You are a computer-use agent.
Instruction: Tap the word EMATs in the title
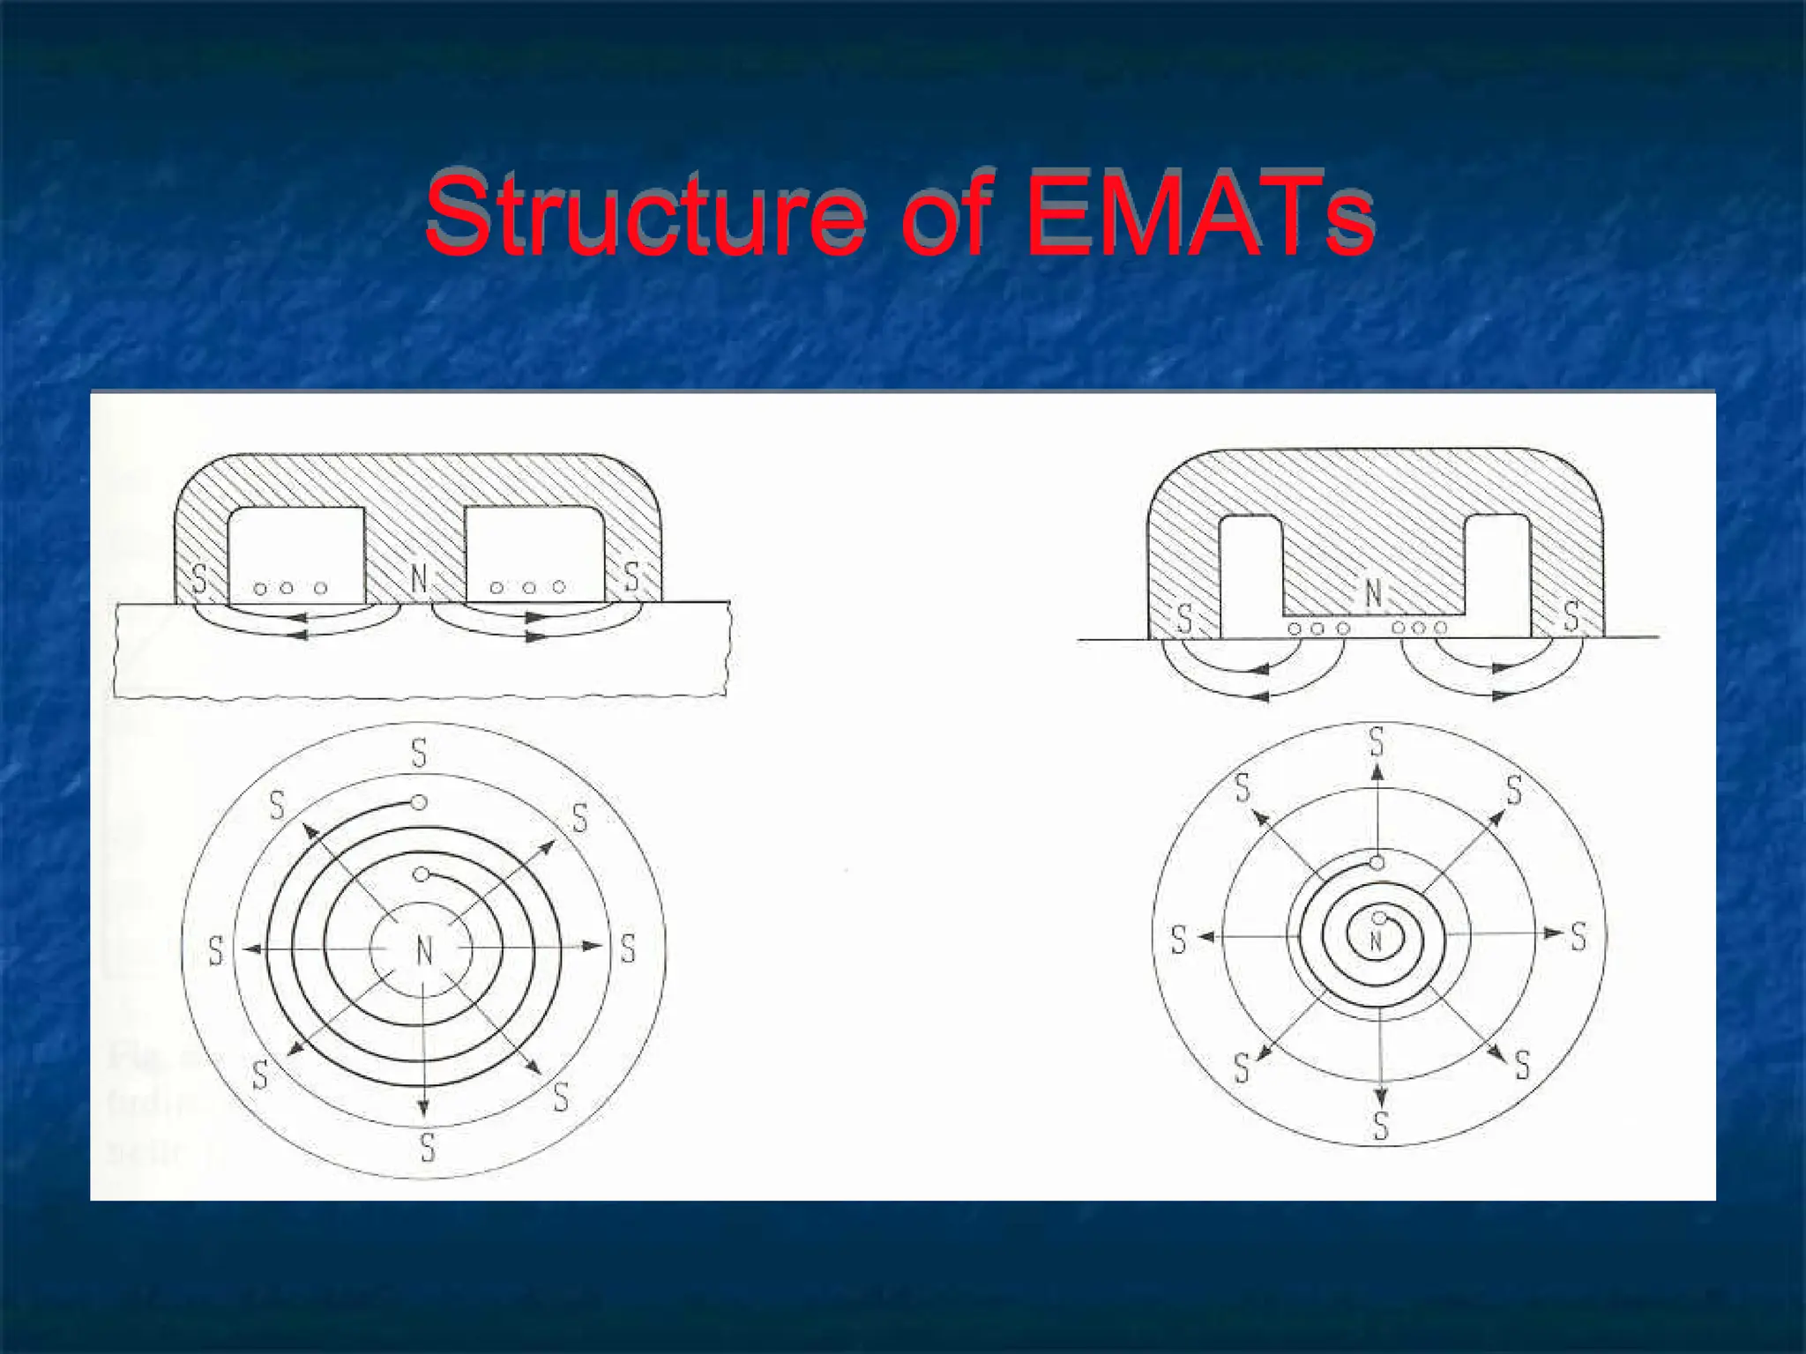click(1199, 215)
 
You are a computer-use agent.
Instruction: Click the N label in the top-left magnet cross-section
click(420, 579)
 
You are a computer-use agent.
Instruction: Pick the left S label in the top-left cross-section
click(199, 579)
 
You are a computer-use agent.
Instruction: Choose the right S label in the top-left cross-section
click(631, 577)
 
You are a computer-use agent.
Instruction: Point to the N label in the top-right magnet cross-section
click(1373, 593)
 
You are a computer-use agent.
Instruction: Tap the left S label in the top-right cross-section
click(1184, 619)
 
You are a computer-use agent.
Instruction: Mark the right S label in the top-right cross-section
click(1571, 616)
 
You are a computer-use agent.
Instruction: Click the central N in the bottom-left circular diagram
click(424, 951)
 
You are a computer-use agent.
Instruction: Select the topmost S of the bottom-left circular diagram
click(419, 754)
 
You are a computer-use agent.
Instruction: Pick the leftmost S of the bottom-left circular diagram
click(216, 951)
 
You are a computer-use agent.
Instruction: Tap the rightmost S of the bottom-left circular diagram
click(628, 949)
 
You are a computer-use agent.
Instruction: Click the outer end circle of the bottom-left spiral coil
click(420, 803)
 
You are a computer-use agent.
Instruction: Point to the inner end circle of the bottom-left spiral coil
click(422, 874)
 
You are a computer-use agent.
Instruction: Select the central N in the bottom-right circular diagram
click(1377, 941)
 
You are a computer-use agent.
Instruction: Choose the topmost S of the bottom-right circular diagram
click(1377, 741)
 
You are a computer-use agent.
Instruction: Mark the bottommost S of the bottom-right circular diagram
click(1381, 1126)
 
